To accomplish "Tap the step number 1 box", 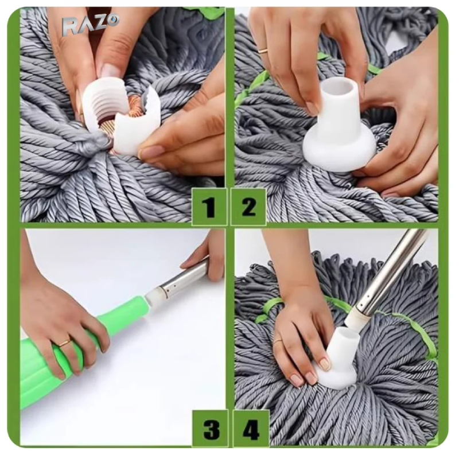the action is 209,207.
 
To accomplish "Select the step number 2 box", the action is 248,207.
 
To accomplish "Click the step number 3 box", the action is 210,428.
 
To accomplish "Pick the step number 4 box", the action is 251,428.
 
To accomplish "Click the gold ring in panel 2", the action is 263,50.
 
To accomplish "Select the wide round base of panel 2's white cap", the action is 340,149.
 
